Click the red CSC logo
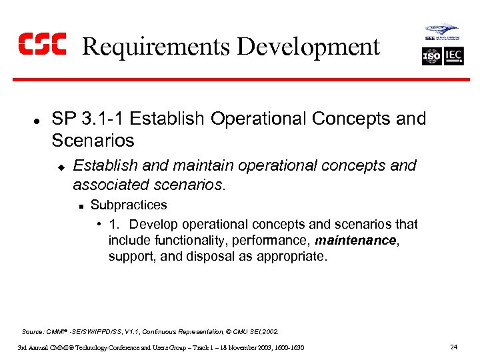[42, 44]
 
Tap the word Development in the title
[308, 47]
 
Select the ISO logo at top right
[431, 56]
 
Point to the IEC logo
[453, 56]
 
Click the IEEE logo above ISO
[442, 33]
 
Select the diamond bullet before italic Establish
[60, 166]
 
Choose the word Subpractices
[129, 205]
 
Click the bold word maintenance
[355, 240]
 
